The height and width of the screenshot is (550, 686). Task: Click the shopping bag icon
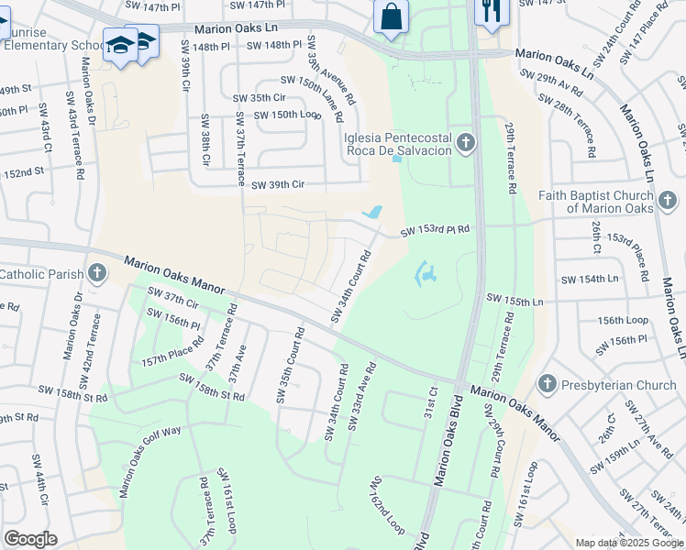click(x=392, y=16)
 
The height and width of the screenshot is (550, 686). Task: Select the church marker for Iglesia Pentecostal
click(x=467, y=142)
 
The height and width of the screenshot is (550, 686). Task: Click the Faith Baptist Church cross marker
click(x=668, y=198)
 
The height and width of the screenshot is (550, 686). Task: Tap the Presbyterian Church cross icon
click(x=547, y=384)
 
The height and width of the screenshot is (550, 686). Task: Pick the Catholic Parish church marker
click(x=97, y=273)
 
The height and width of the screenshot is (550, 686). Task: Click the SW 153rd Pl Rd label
click(x=435, y=231)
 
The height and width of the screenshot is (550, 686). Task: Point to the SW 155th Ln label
click(x=514, y=300)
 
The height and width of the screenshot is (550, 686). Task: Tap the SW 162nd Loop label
click(x=387, y=505)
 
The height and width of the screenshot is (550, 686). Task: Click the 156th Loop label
click(x=624, y=321)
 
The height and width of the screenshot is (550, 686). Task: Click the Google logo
click(x=30, y=539)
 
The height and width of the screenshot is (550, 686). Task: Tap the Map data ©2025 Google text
click(x=628, y=543)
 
